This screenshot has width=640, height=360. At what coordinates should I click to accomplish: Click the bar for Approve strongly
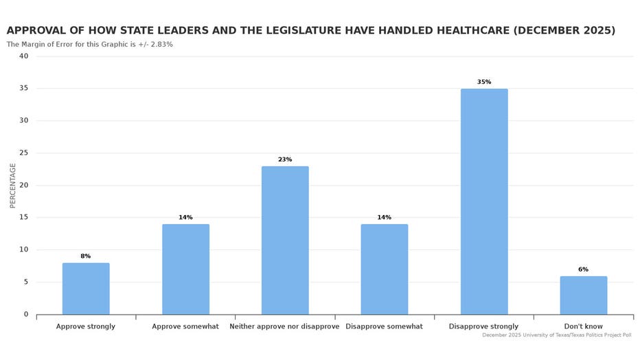pos(86,289)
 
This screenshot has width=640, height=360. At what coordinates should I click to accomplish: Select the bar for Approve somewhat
pos(185,269)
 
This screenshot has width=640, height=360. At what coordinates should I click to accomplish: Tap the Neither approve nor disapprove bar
pos(285,240)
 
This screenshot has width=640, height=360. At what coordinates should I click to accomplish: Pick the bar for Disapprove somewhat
pos(384,269)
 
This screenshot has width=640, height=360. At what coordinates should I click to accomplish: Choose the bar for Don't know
pos(583,295)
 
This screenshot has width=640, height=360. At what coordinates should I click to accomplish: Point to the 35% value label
pos(484,82)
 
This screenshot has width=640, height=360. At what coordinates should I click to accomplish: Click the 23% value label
pos(285,159)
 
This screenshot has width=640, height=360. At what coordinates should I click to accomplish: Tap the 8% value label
pos(86,256)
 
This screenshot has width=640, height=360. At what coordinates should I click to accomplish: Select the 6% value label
pos(583,269)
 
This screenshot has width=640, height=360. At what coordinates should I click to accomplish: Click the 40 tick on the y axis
pos(24,56)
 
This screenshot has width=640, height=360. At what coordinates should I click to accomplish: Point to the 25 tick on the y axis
pos(24,153)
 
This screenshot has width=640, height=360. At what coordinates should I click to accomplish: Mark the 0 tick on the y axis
pos(26,314)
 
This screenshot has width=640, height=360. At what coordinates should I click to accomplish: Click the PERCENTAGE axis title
pos(13,185)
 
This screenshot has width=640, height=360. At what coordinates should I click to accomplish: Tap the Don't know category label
pos(583,326)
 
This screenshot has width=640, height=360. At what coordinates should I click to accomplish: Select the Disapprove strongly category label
pos(483,326)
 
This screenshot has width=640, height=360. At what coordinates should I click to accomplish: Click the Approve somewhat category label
pos(185,326)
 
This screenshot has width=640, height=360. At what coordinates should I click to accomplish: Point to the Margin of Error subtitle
pos(90,44)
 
